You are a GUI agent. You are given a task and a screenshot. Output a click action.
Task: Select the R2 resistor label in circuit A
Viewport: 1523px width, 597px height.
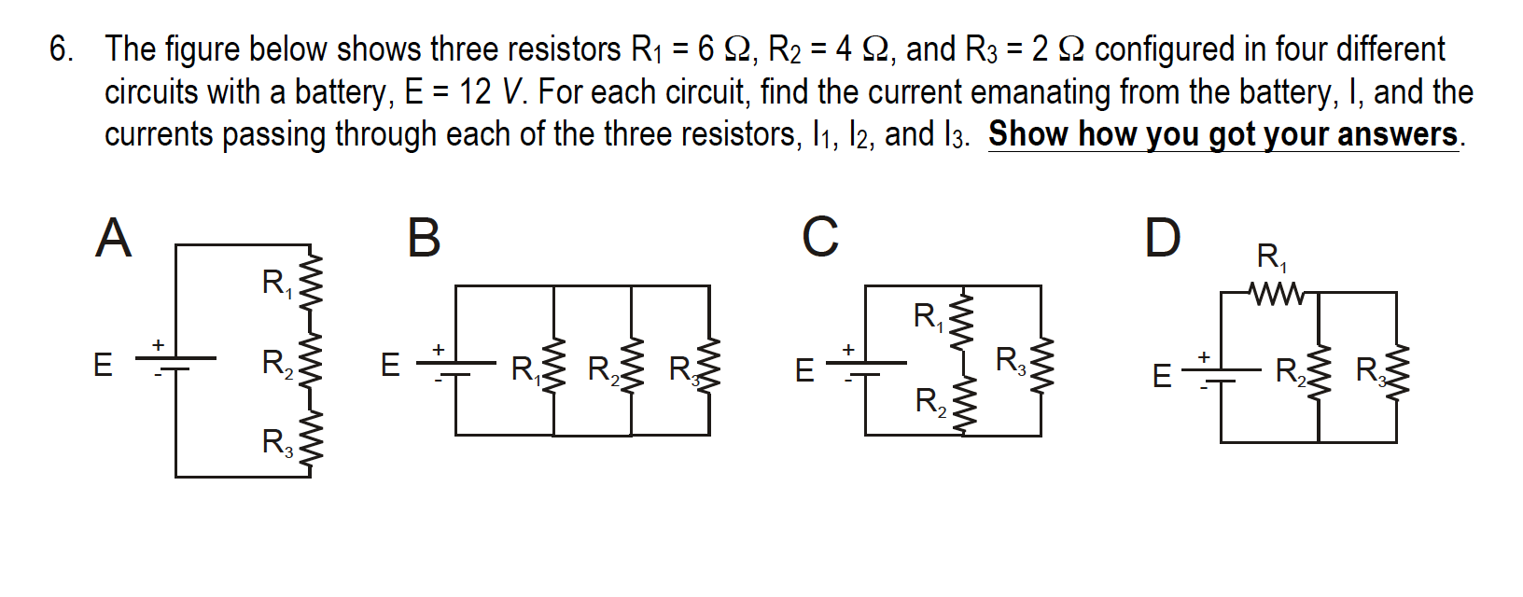coord(277,362)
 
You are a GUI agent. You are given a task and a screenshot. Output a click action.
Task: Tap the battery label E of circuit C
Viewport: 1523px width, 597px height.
coord(804,371)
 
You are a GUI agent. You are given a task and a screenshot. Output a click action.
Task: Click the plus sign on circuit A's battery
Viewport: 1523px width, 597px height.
coord(159,345)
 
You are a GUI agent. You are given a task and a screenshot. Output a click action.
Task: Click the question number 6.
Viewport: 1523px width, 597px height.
coord(62,49)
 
